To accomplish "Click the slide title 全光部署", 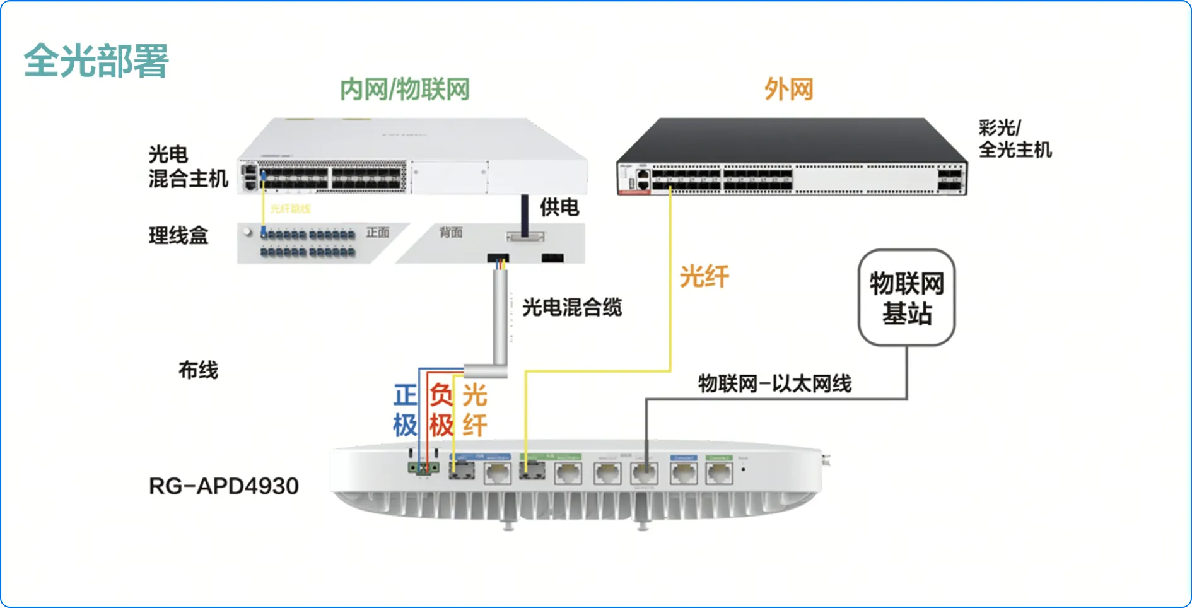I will point(96,61).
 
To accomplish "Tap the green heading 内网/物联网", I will point(404,90).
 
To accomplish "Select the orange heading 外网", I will point(788,90).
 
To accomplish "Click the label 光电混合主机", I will point(187,167).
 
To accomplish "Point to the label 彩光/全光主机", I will point(1014,139).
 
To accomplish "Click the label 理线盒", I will point(178,236).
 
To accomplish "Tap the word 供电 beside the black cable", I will point(559,208).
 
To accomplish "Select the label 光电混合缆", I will point(571,308).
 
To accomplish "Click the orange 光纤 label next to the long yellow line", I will point(704,276).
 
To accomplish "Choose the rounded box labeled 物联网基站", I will point(906,298).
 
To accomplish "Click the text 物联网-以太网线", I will point(774,383).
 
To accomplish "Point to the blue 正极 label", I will point(405,411).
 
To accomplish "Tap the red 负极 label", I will point(441,411).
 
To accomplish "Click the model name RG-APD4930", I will point(224,486).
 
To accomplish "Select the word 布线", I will point(198,370).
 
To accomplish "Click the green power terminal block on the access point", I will point(423,468).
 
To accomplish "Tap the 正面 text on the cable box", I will point(378,233).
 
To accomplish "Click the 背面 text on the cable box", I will point(451,233).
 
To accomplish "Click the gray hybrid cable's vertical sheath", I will point(500,315).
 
